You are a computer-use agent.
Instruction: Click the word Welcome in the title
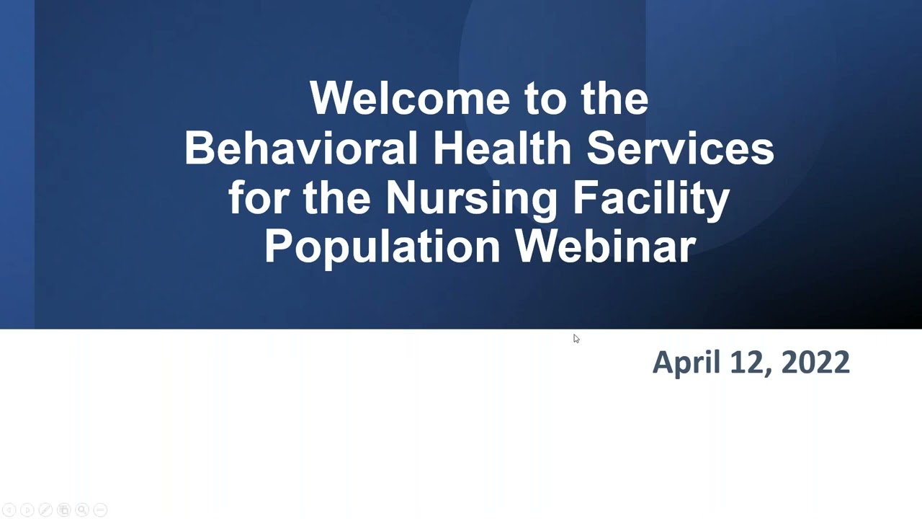408,99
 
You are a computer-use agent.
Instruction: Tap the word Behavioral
301,148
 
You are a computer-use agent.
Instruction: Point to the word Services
680,148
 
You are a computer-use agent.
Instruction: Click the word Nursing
471,198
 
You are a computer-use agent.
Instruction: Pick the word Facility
651,198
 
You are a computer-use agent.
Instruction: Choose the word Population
382,247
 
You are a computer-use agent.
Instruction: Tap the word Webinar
605,247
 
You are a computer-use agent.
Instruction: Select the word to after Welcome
547,99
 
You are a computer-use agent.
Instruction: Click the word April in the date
685,362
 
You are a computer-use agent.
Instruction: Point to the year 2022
815,362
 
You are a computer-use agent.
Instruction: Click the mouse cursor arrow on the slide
576,339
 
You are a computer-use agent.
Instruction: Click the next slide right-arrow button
27,510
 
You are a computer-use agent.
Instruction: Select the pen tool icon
45,510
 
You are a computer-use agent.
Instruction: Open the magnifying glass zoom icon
82,510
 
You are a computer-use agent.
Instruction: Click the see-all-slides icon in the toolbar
63,510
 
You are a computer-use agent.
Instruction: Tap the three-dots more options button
100,510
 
